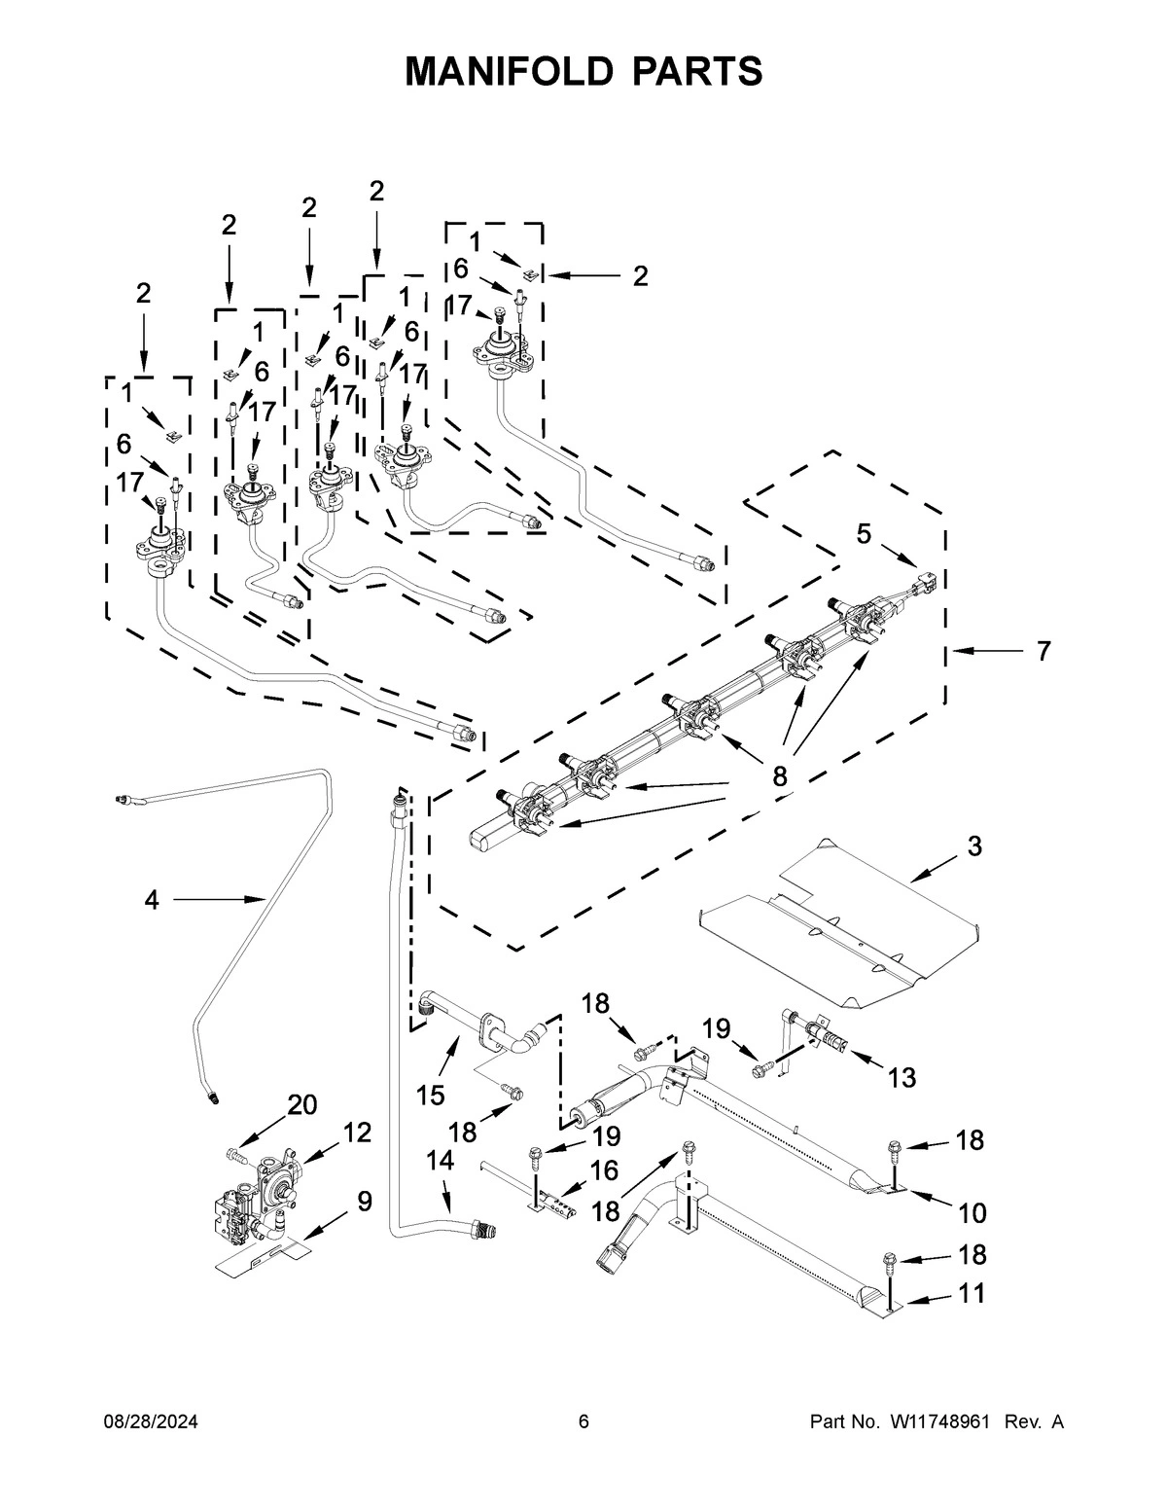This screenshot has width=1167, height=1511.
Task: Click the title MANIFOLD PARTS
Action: (x=583, y=71)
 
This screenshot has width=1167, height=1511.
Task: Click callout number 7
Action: (x=1043, y=651)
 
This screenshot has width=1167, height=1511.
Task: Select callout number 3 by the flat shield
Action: (x=974, y=846)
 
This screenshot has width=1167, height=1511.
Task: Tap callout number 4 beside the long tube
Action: (x=151, y=901)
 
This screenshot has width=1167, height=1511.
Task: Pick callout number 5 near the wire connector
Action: (x=864, y=532)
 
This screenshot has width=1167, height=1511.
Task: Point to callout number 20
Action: (x=302, y=1104)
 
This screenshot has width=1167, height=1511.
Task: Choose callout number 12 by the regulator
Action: (x=357, y=1133)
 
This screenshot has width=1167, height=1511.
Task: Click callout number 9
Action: (x=364, y=1202)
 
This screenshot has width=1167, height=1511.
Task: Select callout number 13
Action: (x=902, y=1077)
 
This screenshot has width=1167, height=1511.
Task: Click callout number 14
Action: (x=440, y=1160)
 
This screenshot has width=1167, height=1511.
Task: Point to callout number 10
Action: (x=971, y=1213)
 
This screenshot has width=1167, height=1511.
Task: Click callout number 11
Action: (x=971, y=1294)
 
